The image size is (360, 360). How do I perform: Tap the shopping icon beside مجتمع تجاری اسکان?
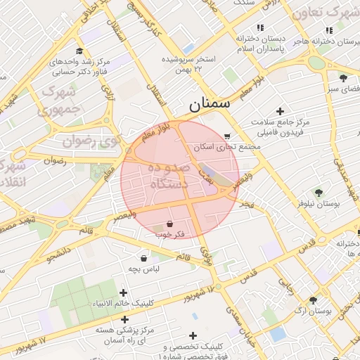(226, 136)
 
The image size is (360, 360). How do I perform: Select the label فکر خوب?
(171, 234)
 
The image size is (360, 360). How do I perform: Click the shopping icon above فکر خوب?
(171, 224)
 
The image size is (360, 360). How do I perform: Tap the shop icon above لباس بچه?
(144, 258)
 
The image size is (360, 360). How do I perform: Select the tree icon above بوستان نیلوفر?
(319, 192)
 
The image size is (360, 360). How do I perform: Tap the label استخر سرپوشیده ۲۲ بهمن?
(188, 64)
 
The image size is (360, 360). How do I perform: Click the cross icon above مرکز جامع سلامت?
(281, 111)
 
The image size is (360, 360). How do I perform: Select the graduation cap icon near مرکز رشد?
(79, 51)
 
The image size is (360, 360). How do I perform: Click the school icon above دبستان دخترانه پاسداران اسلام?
(260, 28)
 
